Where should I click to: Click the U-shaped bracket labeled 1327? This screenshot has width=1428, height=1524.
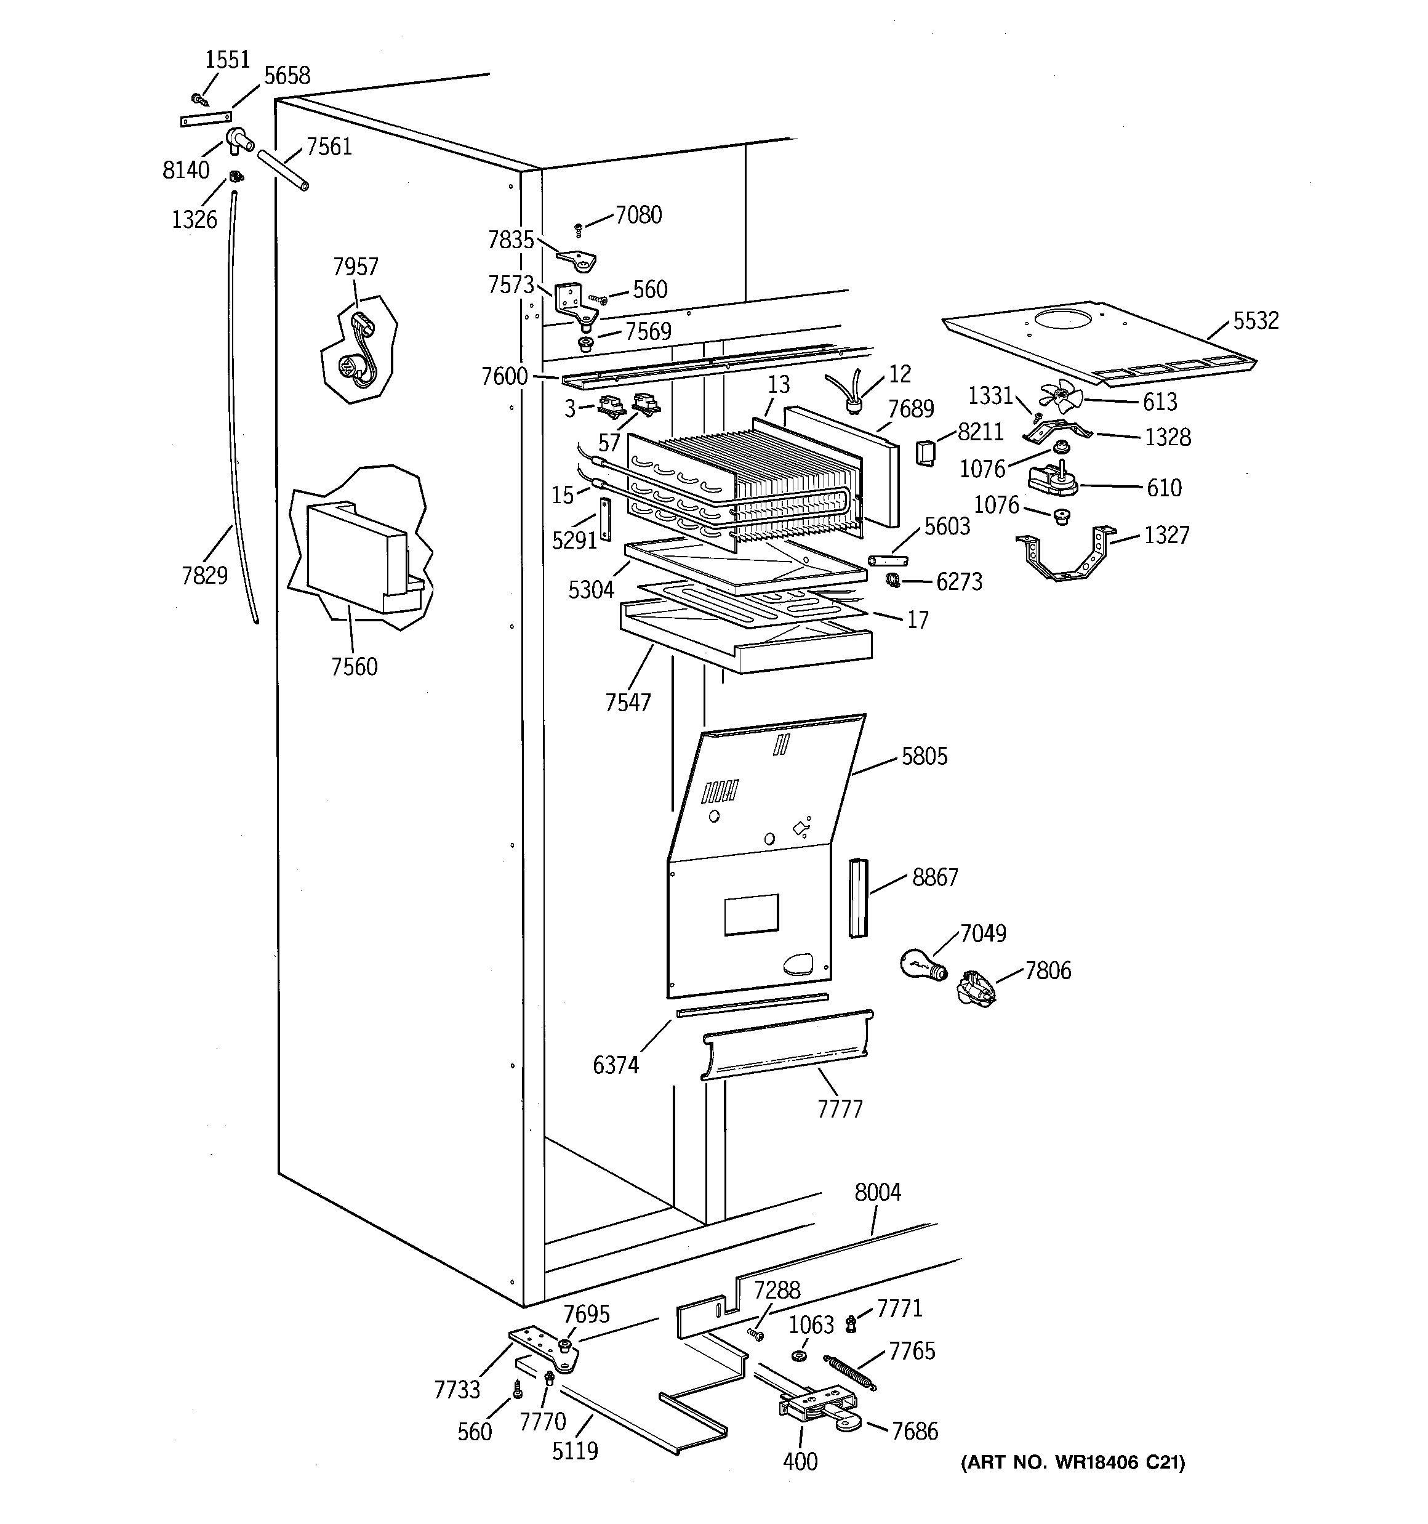tap(1065, 557)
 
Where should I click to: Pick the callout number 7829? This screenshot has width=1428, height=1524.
tap(204, 575)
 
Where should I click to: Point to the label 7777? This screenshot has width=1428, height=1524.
tap(840, 1109)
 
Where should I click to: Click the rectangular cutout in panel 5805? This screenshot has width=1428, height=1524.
tap(751, 914)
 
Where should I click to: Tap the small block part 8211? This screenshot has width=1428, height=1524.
tap(925, 453)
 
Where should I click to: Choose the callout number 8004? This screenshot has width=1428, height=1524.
tap(878, 1192)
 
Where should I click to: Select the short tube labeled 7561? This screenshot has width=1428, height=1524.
tap(284, 169)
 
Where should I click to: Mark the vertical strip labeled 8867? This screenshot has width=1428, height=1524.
tap(857, 898)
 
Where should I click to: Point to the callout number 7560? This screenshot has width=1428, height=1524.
tap(354, 667)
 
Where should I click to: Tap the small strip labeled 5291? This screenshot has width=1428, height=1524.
tap(606, 519)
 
